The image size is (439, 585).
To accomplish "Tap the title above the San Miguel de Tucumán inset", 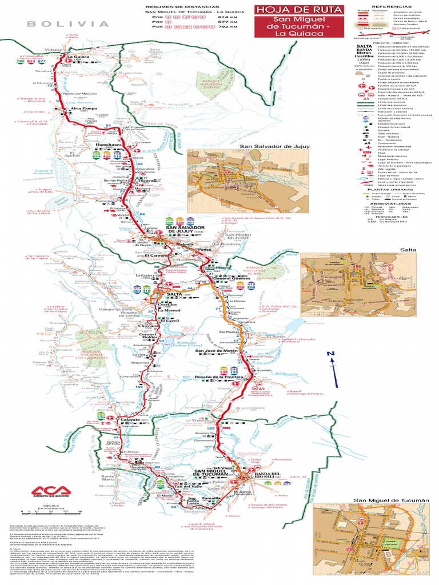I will pos(390,500).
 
